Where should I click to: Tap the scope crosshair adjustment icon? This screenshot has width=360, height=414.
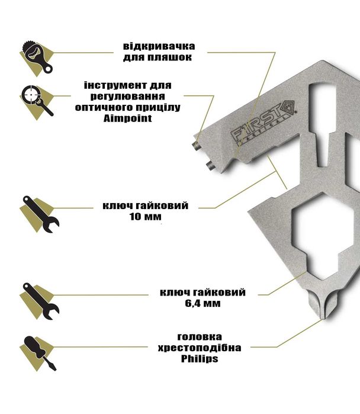(x=37, y=102)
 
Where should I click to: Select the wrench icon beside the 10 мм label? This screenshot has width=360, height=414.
(x=40, y=214)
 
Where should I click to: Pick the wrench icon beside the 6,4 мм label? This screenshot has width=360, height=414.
(x=40, y=301)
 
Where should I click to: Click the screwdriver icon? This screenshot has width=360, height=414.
(x=38, y=353)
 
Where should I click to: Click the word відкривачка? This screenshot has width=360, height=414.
(x=159, y=46)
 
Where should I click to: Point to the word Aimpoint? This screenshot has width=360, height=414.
(x=127, y=118)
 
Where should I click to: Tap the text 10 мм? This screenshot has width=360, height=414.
(x=146, y=217)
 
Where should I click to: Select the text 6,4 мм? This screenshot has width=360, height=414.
(x=202, y=303)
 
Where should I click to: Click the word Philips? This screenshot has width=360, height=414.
(x=200, y=359)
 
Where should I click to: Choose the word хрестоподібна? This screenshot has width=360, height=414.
(x=200, y=348)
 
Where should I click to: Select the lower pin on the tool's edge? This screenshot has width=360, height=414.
(x=210, y=166)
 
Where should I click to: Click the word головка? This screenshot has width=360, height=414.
(x=200, y=337)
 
